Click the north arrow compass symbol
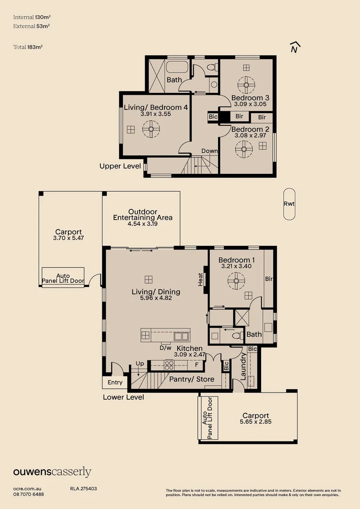click(295, 48)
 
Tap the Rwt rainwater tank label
click(289, 204)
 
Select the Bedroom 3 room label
click(247, 98)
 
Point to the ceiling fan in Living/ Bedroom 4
click(151, 129)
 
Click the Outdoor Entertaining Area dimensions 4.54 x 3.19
click(143, 224)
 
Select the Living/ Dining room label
click(155, 292)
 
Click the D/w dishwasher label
click(165, 348)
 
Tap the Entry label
click(115, 382)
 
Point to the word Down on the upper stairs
click(210, 151)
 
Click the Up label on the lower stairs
click(140, 364)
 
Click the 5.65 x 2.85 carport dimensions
click(256, 422)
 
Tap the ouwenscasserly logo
click(52, 472)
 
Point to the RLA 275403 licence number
click(83, 489)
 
